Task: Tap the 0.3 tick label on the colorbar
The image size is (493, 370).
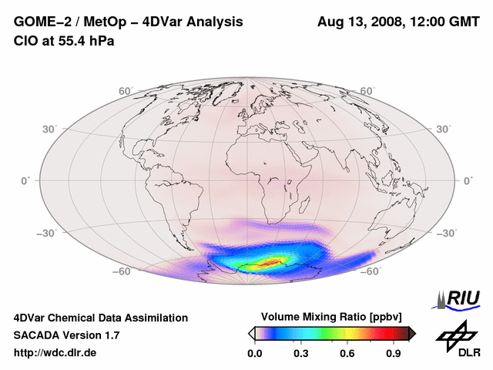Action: (300, 354)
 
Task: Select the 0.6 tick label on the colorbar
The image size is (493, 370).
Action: (347, 354)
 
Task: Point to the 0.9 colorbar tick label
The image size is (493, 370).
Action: (393, 354)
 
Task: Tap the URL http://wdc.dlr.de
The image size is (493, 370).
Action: (55, 353)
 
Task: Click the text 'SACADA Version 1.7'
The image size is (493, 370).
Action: (66, 335)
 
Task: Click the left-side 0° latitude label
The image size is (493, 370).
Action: (25, 180)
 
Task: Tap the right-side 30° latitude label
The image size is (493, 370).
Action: (444, 129)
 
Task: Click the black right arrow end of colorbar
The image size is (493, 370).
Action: (412, 333)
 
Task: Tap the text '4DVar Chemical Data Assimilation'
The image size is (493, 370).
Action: (100, 318)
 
